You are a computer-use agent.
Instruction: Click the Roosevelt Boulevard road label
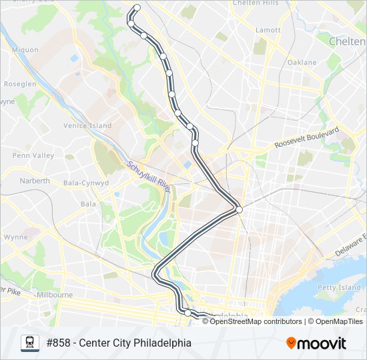click(x=307, y=138)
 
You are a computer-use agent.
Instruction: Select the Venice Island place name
click(x=87, y=125)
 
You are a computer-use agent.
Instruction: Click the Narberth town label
click(x=35, y=181)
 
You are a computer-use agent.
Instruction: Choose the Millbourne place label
click(x=55, y=294)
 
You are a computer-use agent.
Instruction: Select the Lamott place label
click(x=268, y=30)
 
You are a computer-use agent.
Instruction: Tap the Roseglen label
click(x=20, y=85)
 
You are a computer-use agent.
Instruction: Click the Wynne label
click(x=15, y=237)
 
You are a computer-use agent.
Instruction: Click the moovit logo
click(x=316, y=343)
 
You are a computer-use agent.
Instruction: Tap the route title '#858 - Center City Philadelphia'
click(x=119, y=343)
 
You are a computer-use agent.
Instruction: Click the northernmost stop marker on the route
click(x=137, y=8)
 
